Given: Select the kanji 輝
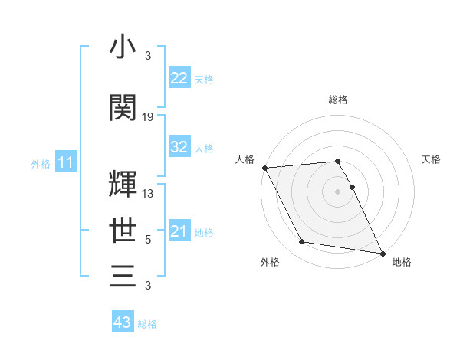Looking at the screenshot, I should pyautogui.click(x=123, y=184).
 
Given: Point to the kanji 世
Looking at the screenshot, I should pyautogui.click(x=123, y=229).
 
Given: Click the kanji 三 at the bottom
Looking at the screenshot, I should pyautogui.click(x=123, y=275).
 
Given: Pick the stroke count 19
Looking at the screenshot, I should pyautogui.click(x=148, y=117).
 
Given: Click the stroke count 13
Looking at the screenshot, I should pyautogui.click(x=148, y=194).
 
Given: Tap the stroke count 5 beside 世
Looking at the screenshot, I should pyautogui.click(x=148, y=240).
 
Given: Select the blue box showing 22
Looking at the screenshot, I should pyautogui.click(x=179, y=78).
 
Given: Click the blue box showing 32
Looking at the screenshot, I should pyautogui.click(x=179, y=148).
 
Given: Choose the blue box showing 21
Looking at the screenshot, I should pyautogui.click(x=179, y=231).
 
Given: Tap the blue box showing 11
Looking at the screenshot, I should pyautogui.click(x=65, y=162).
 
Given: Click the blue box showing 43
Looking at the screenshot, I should pyautogui.click(x=123, y=322).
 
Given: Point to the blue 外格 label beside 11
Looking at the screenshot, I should pyautogui.click(x=41, y=163).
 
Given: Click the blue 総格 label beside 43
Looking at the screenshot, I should pyautogui.click(x=147, y=324).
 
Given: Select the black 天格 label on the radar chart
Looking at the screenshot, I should pyautogui.click(x=432, y=159).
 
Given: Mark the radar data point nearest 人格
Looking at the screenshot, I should pyautogui.click(x=264, y=168).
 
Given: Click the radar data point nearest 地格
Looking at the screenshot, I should pyautogui.click(x=382, y=253).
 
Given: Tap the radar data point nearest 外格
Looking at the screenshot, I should pyautogui.click(x=302, y=242).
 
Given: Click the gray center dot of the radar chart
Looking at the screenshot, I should pyautogui.click(x=338, y=191).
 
